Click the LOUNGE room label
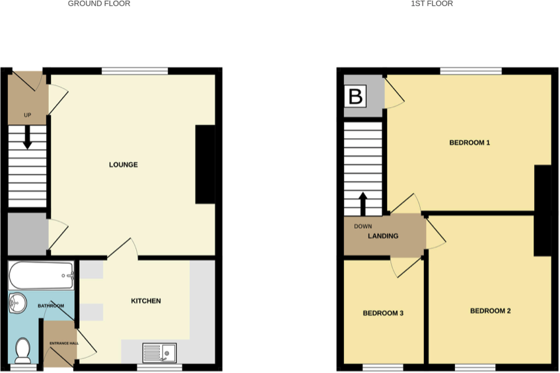pyautogui.click(x=123, y=165)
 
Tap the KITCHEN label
pyautogui.click(x=145, y=301)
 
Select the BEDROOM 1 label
pyautogui.click(x=470, y=143)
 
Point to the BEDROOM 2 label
pyautogui.click(x=491, y=311)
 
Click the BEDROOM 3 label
pyautogui.click(x=383, y=313)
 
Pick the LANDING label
pyautogui.click(x=383, y=235)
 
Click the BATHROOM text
pyautogui.click(x=51, y=306)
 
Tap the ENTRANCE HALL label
pyautogui.click(x=64, y=343)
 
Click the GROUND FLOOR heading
pyautogui.click(x=99, y=4)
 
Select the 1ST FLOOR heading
pyautogui.click(x=432, y=4)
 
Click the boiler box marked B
pyautogui.click(x=355, y=97)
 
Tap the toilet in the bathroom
pyautogui.click(x=22, y=351)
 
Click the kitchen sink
pyautogui.click(x=160, y=352)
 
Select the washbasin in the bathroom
pyautogui.click(x=18, y=304)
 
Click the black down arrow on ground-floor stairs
pyautogui.click(x=27, y=138)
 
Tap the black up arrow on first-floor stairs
pyautogui.click(x=363, y=204)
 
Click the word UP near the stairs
pyautogui.click(x=27, y=115)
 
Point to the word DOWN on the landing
pyautogui.click(x=363, y=226)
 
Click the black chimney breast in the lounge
pyautogui.click(x=205, y=165)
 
